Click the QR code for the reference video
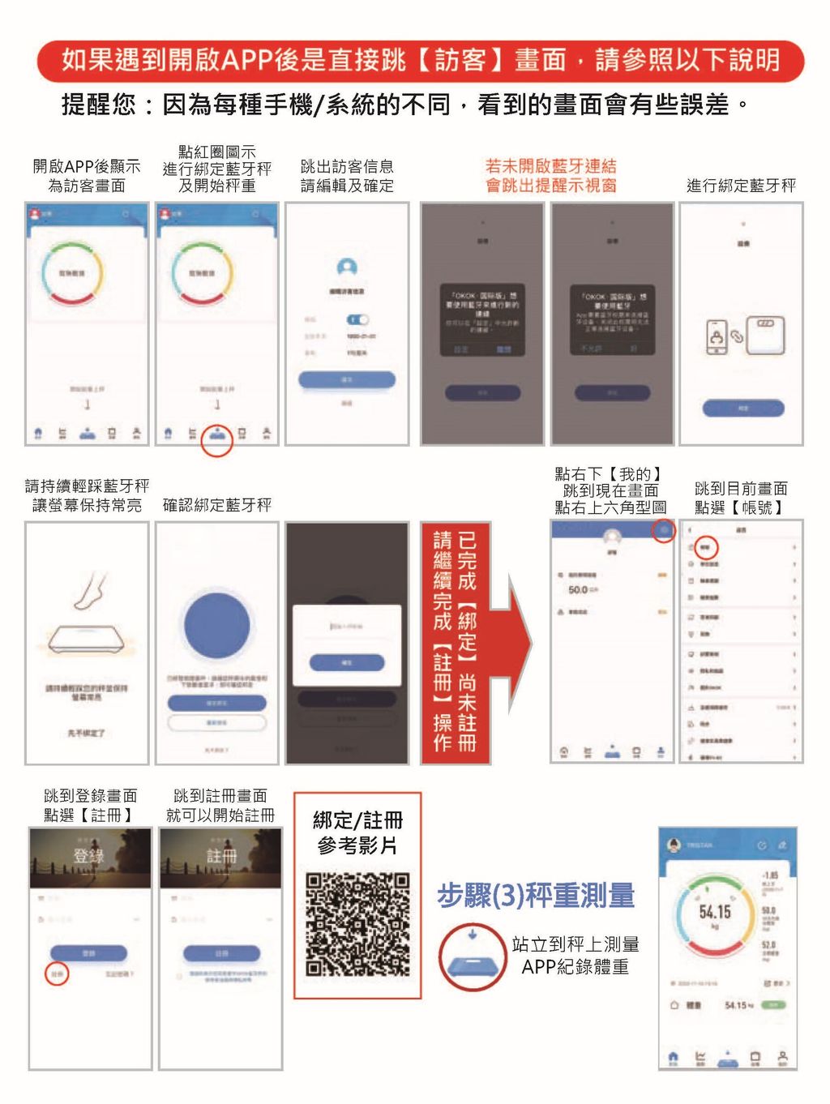tap(357, 925)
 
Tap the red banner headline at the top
tap(420, 60)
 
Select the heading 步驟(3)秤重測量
tap(536, 896)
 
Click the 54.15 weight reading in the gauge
tap(715, 912)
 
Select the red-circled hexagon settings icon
tap(664, 530)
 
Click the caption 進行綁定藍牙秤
tap(741, 186)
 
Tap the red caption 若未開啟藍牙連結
tap(550, 166)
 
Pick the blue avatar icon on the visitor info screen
tap(347, 268)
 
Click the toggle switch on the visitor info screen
tap(357, 319)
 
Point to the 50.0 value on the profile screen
tap(578, 589)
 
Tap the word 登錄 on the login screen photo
tap(89, 856)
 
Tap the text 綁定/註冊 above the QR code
tap(357, 820)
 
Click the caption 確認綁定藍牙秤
tap(216, 506)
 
